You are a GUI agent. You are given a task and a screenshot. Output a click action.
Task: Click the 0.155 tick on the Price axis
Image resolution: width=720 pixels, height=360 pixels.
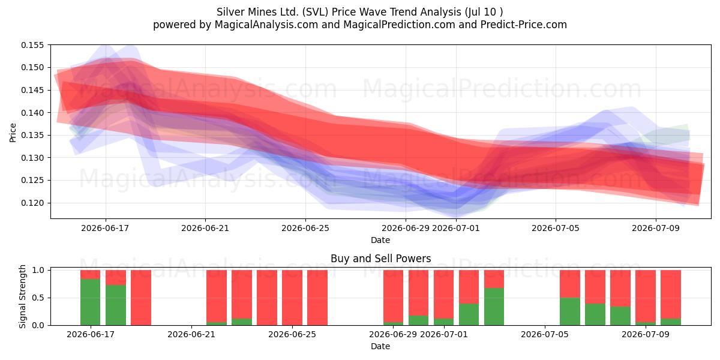click(x=32, y=45)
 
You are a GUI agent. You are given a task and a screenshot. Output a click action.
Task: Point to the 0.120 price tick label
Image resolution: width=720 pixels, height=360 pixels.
click(x=32, y=203)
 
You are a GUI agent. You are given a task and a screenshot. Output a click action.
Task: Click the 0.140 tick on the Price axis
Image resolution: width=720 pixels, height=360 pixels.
click(x=32, y=113)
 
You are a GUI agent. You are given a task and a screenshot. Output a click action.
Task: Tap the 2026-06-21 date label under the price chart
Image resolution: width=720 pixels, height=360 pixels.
click(x=205, y=228)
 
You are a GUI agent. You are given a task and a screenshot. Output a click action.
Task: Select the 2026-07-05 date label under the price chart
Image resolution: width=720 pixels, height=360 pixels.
click(x=556, y=228)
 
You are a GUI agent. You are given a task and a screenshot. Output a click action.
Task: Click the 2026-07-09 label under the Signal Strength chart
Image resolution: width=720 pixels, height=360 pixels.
click(x=646, y=334)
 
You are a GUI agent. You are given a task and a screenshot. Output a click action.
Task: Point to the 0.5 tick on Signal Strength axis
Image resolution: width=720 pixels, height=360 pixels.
click(x=38, y=298)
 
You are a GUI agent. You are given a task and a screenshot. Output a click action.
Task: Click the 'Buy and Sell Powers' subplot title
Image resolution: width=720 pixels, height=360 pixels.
click(x=380, y=259)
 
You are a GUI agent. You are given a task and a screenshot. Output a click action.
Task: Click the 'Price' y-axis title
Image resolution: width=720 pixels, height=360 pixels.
click(x=13, y=133)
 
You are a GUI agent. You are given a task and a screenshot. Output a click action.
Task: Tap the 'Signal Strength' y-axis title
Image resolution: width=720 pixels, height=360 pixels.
click(x=22, y=296)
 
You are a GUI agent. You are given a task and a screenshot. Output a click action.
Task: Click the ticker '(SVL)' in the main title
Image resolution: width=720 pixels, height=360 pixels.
click(x=316, y=12)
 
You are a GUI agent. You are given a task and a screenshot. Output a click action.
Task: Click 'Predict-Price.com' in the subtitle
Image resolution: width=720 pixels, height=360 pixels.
click(x=524, y=25)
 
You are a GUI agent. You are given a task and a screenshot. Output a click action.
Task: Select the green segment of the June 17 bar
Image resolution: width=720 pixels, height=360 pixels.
click(x=91, y=302)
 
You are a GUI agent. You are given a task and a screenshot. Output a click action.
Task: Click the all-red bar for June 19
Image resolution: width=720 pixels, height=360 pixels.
click(x=141, y=298)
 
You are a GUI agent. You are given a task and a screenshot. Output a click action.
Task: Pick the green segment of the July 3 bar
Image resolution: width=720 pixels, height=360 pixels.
click(x=494, y=307)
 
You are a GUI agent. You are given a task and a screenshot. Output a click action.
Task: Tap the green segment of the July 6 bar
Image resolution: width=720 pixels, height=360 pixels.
click(x=570, y=311)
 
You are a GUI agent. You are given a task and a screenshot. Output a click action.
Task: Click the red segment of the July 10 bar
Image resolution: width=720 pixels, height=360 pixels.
click(x=671, y=294)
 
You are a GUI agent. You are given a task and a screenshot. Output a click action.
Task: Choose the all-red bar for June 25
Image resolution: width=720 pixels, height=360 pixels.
click(x=292, y=298)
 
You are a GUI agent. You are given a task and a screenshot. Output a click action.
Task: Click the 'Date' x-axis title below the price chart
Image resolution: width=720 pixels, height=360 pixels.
click(x=380, y=240)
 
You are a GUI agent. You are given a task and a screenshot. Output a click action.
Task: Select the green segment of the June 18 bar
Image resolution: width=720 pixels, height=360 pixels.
click(x=116, y=305)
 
